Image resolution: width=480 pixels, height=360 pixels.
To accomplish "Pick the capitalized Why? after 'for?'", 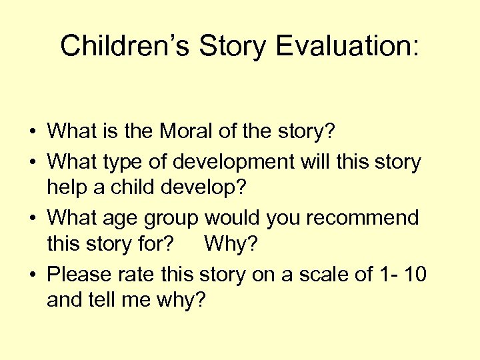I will click(x=231, y=245).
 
